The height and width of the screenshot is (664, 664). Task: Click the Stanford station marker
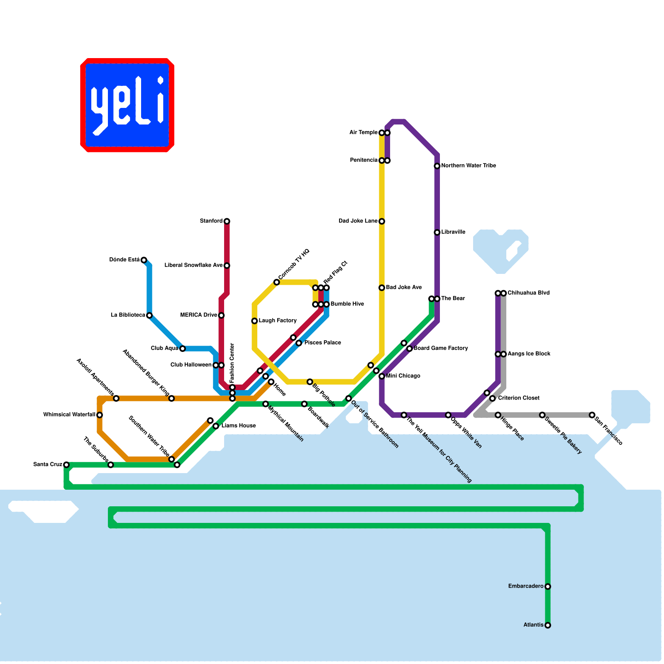(227, 221)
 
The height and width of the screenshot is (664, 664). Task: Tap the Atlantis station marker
(548, 625)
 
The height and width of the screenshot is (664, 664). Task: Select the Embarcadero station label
(526, 586)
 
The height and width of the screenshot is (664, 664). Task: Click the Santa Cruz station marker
(66, 464)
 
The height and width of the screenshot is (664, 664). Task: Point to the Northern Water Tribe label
(469, 166)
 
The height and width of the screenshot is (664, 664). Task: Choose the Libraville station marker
(437, 232)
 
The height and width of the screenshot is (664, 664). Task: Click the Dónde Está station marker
(144, 260)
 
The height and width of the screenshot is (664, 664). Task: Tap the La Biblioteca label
(128, 315)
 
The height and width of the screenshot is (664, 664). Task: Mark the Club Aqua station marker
(182, 348)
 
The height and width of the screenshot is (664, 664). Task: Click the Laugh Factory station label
(278, 321)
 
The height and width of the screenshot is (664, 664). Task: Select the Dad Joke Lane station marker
(382, 221)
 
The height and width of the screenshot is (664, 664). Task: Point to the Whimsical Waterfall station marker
(100, 415)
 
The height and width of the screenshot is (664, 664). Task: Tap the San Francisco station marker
(592, 415)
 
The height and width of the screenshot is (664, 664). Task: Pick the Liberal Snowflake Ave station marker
(227, 266)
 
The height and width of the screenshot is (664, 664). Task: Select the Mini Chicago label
(403, 376)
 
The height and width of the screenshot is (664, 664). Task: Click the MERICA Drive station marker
(221, 315)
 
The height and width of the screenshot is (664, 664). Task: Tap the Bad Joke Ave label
(404, 288)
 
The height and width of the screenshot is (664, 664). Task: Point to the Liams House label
(239, 426)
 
